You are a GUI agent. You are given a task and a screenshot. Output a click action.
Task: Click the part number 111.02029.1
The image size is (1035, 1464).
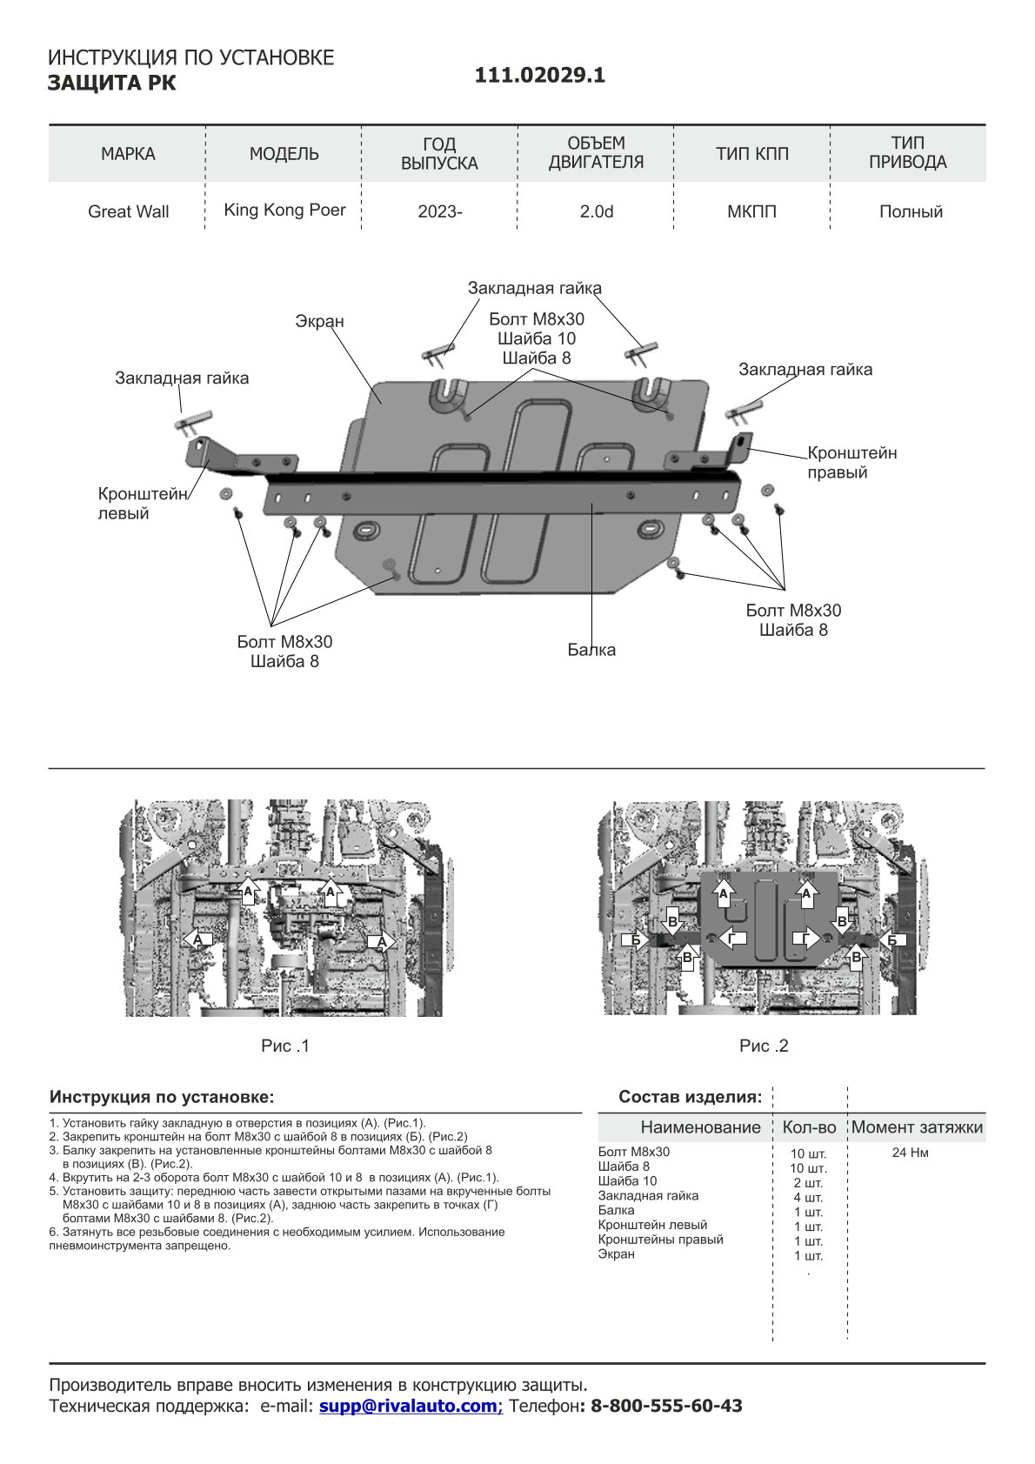click(x=539, y=76)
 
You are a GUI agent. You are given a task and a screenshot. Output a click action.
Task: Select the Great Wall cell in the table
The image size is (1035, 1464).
click(x=128, y=211)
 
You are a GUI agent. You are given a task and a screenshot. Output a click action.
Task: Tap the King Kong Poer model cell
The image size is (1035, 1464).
click(x=284, y=210)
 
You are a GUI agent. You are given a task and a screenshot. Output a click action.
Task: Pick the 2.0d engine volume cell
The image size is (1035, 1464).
click(x=596, y=211)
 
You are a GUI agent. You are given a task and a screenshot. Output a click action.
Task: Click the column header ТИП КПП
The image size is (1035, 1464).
click(x=751, y=154)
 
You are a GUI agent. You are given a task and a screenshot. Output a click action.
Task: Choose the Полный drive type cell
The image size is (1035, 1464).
click(x=910, y=211)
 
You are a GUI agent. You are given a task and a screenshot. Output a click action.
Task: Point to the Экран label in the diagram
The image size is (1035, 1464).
click(x=319, y=321)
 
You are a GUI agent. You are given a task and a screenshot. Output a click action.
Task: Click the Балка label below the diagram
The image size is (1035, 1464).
click(x=591, y=650)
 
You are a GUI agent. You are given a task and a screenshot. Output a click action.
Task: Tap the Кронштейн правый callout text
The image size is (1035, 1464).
click(x=851, y=463)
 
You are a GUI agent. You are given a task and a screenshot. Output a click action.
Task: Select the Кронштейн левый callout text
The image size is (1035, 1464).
click(x=143, y=504)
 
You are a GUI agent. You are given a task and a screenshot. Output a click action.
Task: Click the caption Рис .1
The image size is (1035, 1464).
click(x=285, y=1046)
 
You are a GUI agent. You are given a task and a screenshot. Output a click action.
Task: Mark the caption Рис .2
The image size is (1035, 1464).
click(x=764, y=1046)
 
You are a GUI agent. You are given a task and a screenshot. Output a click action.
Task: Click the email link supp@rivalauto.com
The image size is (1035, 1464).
click(x=411, y=1406)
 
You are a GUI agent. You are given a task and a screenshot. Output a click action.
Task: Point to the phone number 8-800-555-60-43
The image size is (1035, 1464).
click(x=666, y=1406)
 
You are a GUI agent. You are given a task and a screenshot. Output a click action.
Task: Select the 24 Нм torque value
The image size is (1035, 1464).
click(x=910, y=1153)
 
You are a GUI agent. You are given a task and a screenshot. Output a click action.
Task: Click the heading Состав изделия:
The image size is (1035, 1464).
click(x=690, y=1096)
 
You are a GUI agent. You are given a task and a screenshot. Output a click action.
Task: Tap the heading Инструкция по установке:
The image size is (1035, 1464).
click(x=162, y=1096)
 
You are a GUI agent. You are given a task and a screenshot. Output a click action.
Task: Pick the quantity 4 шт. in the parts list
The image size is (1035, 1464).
click(x=808, y=1197)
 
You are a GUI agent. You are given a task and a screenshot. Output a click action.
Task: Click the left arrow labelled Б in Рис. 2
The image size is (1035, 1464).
click(x=637, y=940)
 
